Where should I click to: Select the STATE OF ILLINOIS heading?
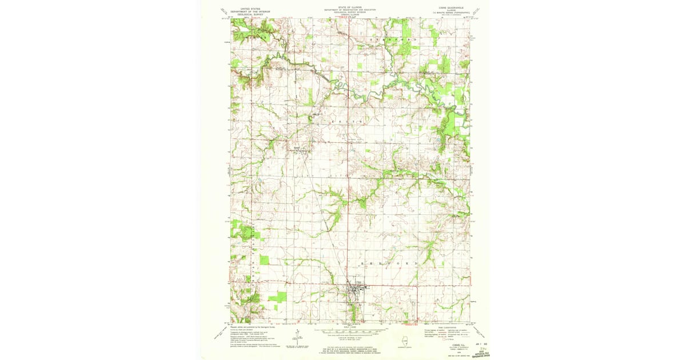(349, 7)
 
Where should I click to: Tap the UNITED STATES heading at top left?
(249, 9)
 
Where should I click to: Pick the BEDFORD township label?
(389, 262)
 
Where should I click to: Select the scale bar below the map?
(349, 331)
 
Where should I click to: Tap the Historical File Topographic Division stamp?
(481, 354)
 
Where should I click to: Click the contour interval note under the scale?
(349, 339)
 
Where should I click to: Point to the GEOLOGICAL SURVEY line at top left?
(249, 15)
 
